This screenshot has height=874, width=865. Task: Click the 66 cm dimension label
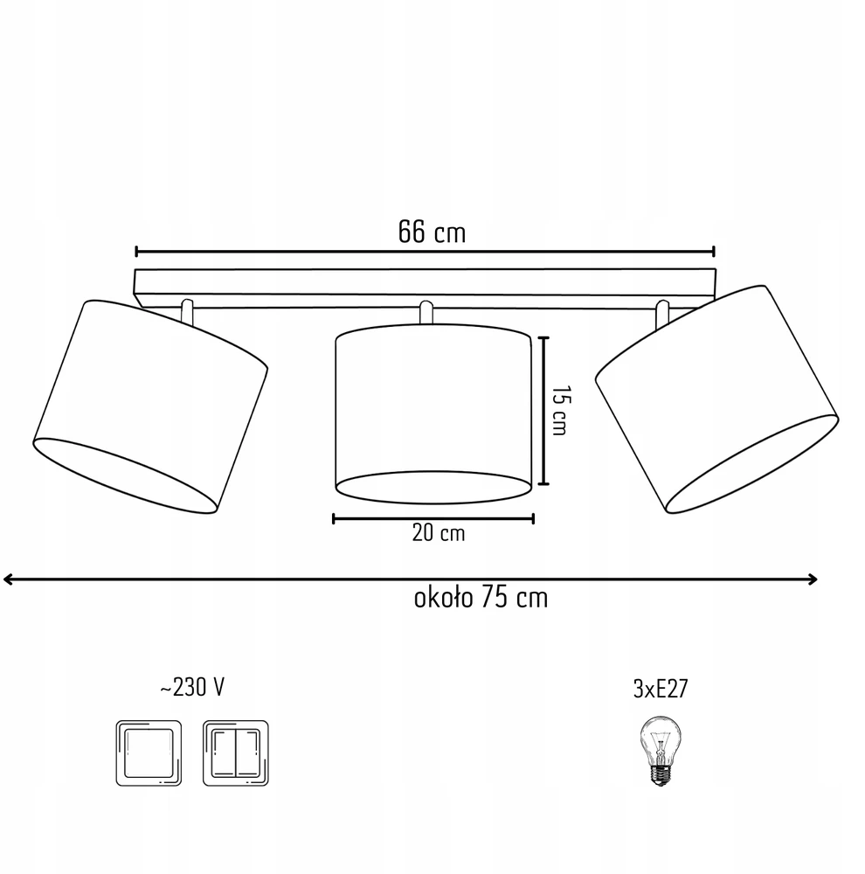pos(432,232)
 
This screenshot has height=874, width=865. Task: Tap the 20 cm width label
pos(438,533)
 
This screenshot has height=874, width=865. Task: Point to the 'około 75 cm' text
pos(481,598)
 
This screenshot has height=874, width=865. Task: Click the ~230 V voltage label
pos(192,687)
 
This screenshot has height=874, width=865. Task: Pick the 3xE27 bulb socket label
pos(661,689)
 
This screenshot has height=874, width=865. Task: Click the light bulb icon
pos(660,751)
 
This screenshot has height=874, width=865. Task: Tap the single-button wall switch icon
pos(149,753)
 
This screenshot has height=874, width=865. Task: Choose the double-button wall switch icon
pos(236,753)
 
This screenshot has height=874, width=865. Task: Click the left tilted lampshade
pos(150,407)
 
